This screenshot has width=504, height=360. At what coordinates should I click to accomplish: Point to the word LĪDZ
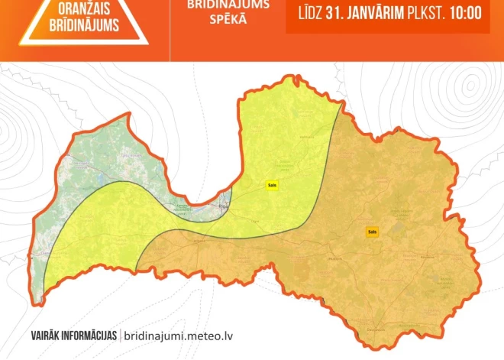tap(309, 13)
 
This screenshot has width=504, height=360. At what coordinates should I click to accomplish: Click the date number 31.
tap(334, 13)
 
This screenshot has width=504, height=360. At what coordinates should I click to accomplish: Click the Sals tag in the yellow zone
tap(271, 185)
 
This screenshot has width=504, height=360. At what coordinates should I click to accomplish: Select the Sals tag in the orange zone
tap(372, 232)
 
